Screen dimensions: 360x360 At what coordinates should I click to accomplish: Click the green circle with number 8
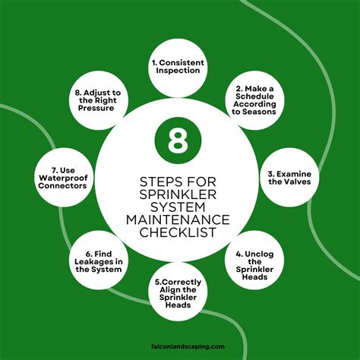coord(179,141)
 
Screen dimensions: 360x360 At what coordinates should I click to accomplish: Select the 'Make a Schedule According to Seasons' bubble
coord(254,99)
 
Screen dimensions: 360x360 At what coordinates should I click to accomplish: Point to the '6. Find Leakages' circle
coord(103,261)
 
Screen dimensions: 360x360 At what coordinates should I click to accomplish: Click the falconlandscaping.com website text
coord(180,346)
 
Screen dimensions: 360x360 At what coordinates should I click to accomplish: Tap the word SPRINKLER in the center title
coord(180,194)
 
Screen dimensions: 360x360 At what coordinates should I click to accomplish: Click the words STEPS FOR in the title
coord(180,180)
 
